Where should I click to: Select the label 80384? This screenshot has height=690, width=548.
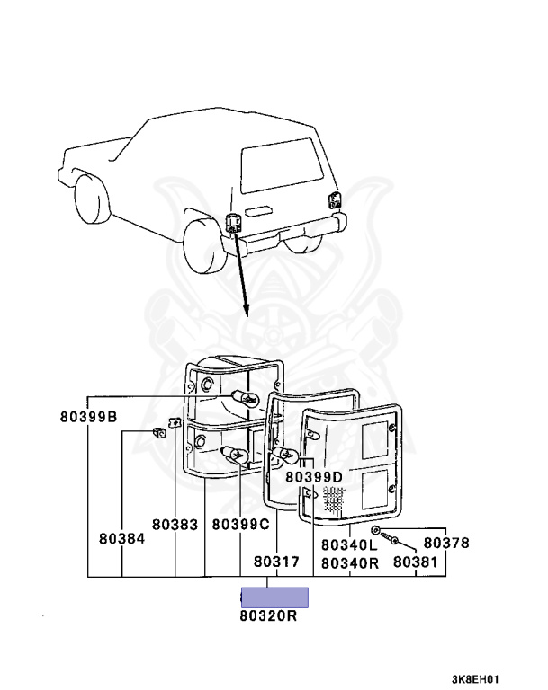point(121,540)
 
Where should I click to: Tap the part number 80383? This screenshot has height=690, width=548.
point(174,524)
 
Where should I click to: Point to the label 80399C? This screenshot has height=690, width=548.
point(241,524)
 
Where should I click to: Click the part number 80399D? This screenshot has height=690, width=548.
point(314,476)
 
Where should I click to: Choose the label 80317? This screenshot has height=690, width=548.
point(275,562)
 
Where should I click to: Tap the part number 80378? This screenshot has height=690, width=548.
point(446,543)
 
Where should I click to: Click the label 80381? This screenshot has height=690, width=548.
point(414,562)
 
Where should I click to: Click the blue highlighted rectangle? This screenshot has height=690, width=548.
point(274,597)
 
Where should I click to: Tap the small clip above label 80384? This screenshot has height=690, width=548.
point(160,432)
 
